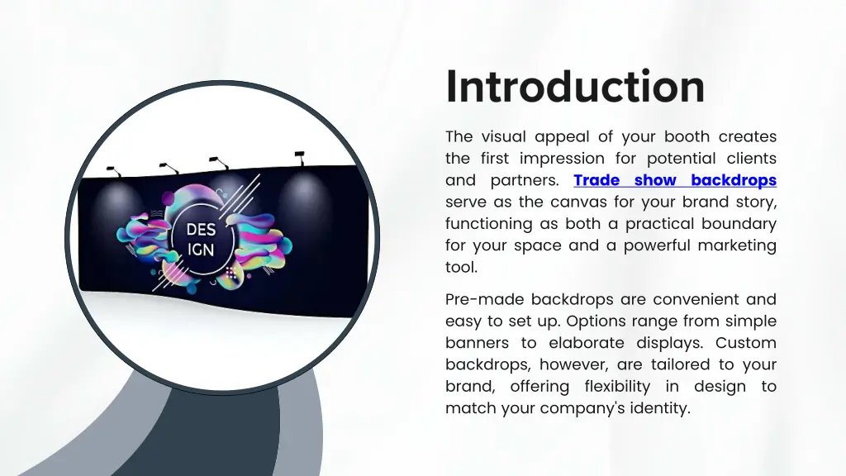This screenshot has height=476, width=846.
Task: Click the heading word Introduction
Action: [575, 87]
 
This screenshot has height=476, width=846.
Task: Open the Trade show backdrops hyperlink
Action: [674, 180]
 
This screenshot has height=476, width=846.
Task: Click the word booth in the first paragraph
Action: [687, 137]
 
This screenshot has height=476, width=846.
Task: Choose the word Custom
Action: [746, 342]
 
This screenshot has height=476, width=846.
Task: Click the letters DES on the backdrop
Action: [202, 229]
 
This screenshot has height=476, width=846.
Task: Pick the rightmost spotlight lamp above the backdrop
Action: [298, 154]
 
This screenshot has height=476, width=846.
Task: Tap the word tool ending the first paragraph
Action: [460, 267]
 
